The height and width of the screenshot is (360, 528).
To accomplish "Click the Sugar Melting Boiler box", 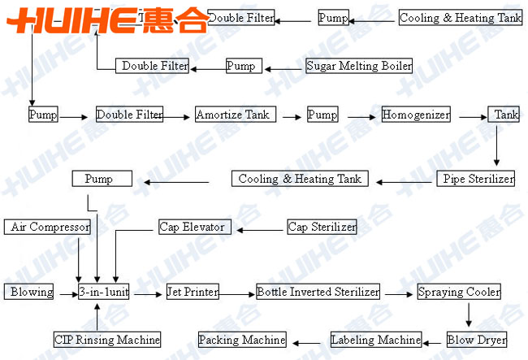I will point(359,66).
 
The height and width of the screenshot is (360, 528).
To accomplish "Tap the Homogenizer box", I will point(416,115).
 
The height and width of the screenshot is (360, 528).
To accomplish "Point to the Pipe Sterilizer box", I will point(476,179).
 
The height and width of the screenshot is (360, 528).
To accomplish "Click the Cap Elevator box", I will point(192,228).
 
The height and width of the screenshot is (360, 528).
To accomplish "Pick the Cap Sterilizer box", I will point(322,228).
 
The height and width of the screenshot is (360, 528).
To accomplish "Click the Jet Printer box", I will point(192,292).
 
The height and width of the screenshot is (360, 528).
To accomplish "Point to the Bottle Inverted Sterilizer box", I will point(318,292).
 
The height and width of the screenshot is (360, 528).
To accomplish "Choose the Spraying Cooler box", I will point(459,292).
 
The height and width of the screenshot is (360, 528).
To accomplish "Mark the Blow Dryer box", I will point(477,340).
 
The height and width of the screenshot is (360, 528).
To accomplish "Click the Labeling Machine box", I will point(376,340).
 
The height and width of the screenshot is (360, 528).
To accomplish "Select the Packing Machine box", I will point(242,340).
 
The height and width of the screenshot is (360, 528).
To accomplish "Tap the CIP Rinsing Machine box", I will point(106,340).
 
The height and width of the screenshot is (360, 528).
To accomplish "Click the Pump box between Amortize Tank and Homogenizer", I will point(322,115).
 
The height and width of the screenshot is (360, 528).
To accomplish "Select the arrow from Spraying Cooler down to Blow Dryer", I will point(469,315).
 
